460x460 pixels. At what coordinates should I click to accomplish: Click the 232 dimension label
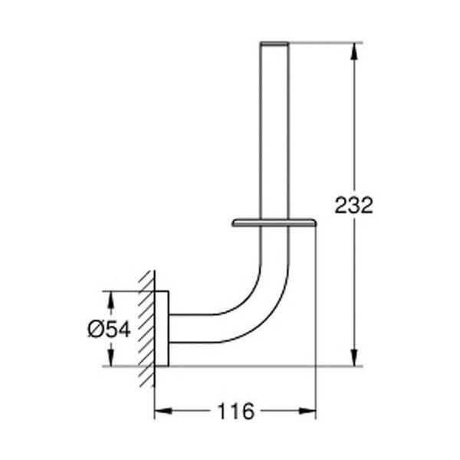coord(353,205)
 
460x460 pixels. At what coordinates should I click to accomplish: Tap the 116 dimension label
coord(235,411)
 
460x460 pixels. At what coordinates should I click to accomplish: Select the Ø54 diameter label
coord(109,329)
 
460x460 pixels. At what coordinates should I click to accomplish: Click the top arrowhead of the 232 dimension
coord(354,51)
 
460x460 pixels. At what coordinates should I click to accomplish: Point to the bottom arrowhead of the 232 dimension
coord(354,357)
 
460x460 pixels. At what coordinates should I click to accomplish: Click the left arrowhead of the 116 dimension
coord(163,411)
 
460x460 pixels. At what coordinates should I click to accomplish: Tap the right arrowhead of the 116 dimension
coord(307,411)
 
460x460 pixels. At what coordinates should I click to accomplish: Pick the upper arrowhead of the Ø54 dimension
coord(110,300)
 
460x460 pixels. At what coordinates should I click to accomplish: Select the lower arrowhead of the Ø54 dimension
coord(110,357)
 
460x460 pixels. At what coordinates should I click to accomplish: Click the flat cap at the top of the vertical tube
coord(274,44)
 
